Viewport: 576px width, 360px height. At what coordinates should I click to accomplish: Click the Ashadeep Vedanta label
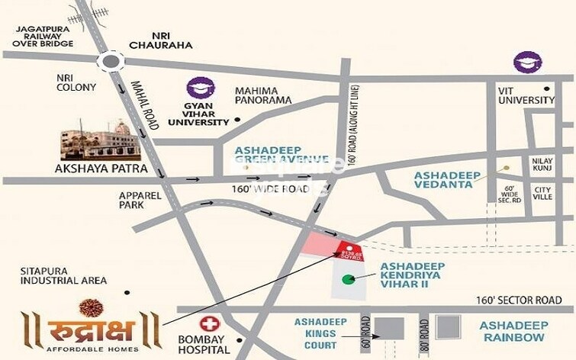tap(447, 180)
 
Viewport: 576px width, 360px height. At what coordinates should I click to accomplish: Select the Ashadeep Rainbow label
tap(513, 331)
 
